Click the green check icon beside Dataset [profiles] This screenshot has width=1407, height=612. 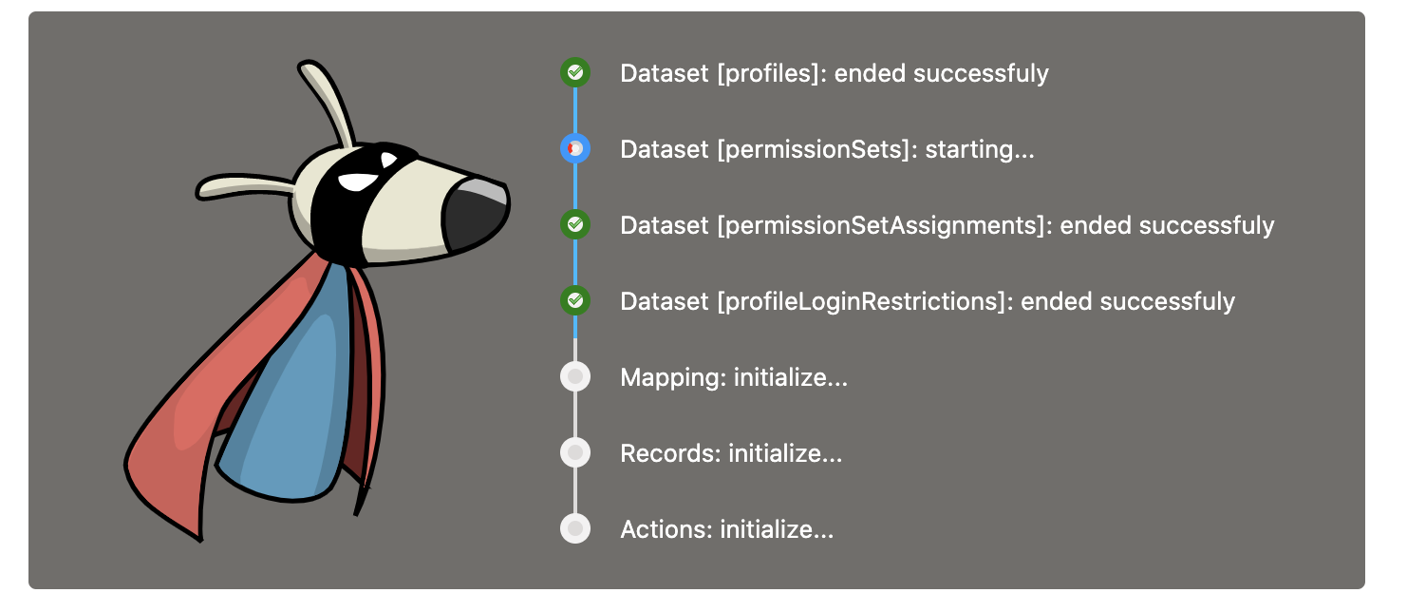pos(575,72)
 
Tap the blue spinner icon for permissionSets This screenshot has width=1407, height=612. pos(575,148)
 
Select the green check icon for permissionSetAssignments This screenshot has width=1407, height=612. pos(575,224)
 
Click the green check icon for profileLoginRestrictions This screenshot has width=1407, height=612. pos(575,301)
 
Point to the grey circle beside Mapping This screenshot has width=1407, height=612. pos(575,377)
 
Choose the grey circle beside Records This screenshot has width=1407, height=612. pos(575,453)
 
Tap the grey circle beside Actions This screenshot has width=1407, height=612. pos(575,529)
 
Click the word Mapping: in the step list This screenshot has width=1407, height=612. pos(673,377)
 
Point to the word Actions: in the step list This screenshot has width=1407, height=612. pos(666,529)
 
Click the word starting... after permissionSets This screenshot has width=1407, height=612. pos(980,149)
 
